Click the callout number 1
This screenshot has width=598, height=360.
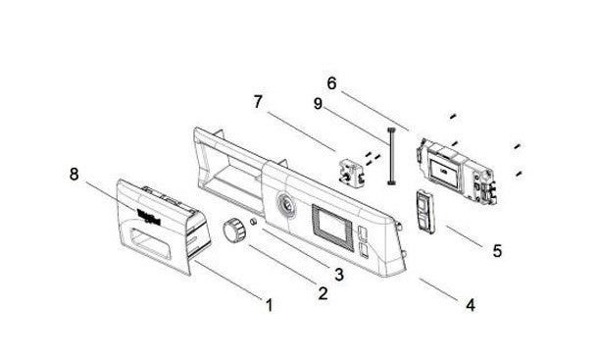click(x=268, y=304)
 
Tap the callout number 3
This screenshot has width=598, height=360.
click(x=337, y=275)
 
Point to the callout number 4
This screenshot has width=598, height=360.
click(x=471, y=305)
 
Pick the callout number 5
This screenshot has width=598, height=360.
click(x=497, y=251)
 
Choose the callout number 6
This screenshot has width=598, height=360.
click(x=332, y=84)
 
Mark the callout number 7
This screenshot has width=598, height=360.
click(x=258, y=101)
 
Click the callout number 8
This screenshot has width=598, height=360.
click(x=74, y=176)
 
